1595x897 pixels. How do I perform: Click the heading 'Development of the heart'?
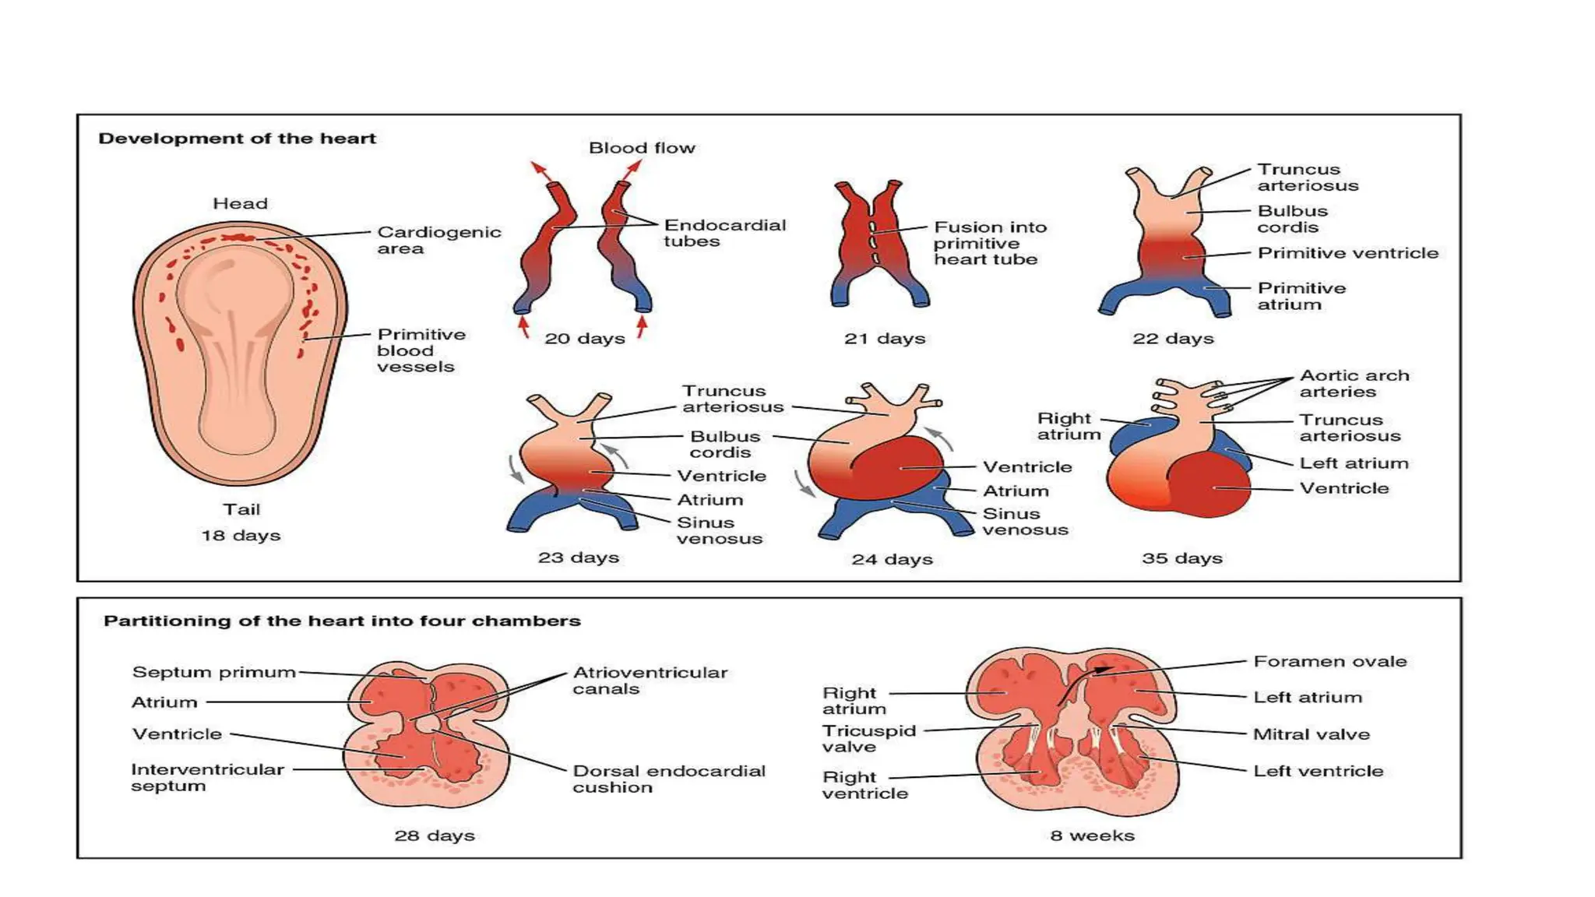pyautogui.click(x=237, y=139)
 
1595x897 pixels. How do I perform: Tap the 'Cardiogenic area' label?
pyautogui.click(x=438, y=240)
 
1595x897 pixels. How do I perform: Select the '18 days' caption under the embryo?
pyautogui.click(x=241, y=536)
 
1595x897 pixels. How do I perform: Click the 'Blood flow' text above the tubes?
pyautogui.click(x=642, y=148)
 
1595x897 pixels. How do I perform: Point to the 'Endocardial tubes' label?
pyautogui.click(x=724, y=233)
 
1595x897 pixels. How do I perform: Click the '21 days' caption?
pyautogui.click(x=885, y=339)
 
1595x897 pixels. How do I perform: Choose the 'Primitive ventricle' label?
pyautogui.click(x=1347, y=253)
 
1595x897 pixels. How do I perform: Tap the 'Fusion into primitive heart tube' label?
pyautogui.click(x=989, y=243)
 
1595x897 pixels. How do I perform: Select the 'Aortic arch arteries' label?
pyautogui.click(x=1354, y=383)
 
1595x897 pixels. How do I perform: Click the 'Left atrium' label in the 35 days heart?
pyautogui.click(x=1354, y=463)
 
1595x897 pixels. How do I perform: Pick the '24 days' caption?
pyautogui.click(x=892, y=559)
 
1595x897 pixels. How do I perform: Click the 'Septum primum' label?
pyautogui.click(x=214, y=672)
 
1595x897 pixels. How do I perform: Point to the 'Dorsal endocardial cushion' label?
pyautogui.click(x=668, y=779)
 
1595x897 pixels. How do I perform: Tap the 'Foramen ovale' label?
pyautogui.click(x=1329, y=662)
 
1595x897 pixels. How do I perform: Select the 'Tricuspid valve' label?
pyautogui.click(x=868, y=738)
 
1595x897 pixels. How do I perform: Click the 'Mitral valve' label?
pyautogui.click(x=1311, y=734)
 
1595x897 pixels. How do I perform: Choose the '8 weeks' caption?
pyautogui.click(x=1092, y=835)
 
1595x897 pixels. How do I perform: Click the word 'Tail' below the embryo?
pyautogui.click(x=241, y=509)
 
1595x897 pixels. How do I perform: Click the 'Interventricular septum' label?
pyautogui.click(x=206, y=777)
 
